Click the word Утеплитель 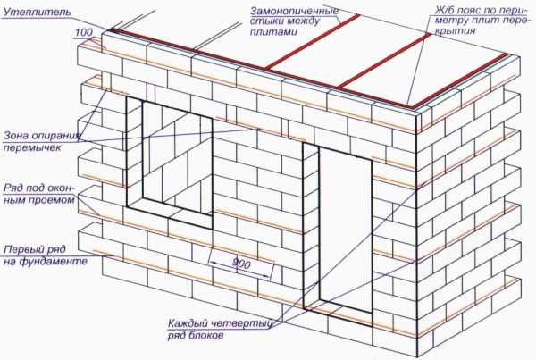(x=38, y=12)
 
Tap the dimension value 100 (x=84, y=32)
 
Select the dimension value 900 (x=241, y=264)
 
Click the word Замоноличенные (x=294, y=11)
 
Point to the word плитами (x=273, y=32)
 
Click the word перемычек (x=32, y=147)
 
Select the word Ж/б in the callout (x=444, y=10)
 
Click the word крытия (x=457, y=30)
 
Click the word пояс (x=472, y=10)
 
